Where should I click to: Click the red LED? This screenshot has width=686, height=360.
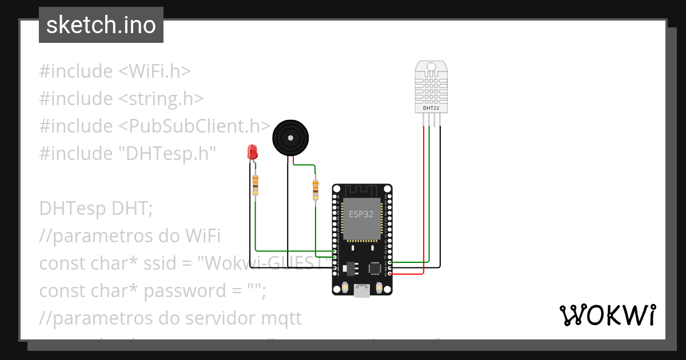252,152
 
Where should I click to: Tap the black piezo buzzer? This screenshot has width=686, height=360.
290,138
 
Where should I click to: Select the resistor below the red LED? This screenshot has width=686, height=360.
255,183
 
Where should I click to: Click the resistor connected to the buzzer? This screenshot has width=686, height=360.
316,189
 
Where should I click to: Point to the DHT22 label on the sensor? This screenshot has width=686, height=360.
430,107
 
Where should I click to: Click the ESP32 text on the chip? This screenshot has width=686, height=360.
361,214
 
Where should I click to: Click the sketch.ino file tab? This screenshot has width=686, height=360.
101,26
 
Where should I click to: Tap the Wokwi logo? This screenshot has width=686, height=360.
607,315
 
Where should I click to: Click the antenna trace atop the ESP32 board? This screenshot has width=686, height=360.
361,190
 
